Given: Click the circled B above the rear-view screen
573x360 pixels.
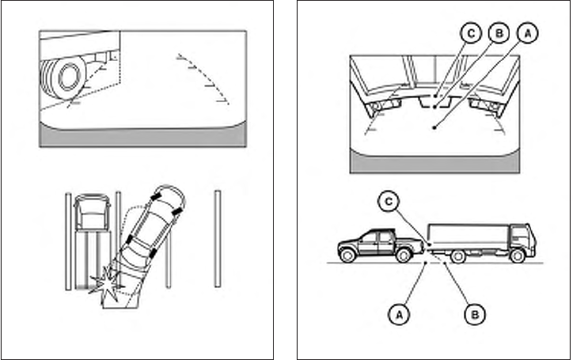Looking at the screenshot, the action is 499,33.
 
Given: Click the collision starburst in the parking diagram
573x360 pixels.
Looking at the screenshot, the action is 106,286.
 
